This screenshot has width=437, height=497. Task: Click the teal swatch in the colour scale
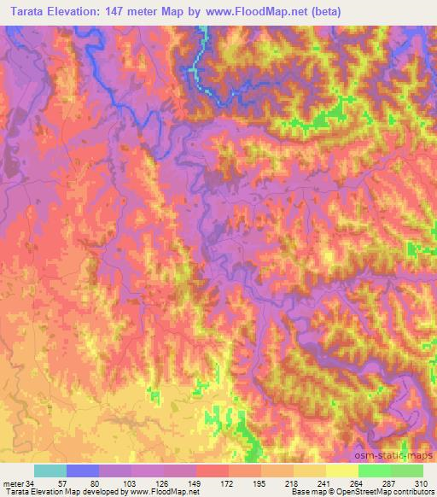coord(50,471)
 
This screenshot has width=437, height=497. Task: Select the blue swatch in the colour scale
coord(83,471)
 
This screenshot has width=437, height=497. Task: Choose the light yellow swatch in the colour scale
coord(342,471)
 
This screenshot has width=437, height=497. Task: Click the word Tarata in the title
coord(25,12)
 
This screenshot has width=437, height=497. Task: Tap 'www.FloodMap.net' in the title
coord(283,12)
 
